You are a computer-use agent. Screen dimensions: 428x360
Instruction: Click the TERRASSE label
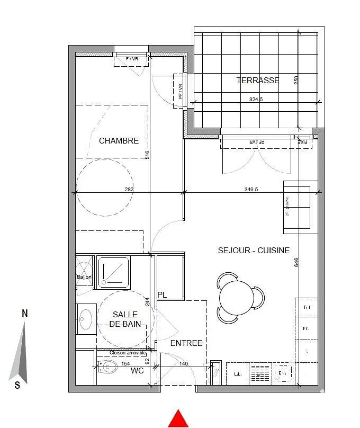pyautogui.click(x=258, y=81)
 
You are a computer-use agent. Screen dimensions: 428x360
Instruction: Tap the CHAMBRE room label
pyautogui.click(x=119, y=141)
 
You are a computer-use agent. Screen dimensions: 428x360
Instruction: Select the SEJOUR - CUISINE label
pyautogui.click(x=254, y=251)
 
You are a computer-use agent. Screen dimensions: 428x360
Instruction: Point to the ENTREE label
pyautogui.click(x=186, y=343)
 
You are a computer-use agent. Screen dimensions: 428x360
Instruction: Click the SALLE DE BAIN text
pyautogui.click(x=125, y=319)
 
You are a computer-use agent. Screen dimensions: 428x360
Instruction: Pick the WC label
pyautogui.click(x=138, y=371)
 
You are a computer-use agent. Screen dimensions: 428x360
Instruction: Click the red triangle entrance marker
pyautogui.click(x=178, y=418)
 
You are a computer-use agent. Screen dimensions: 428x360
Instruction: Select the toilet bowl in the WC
pyautogui.click(x=110, y=367)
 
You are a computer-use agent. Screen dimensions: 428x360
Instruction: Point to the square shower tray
pyautogui.click(x=113, y=272)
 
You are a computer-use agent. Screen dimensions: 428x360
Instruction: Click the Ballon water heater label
pyautogui.click(x=84, y=277)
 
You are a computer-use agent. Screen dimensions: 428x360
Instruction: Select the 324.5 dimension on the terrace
pyautogui.click(x=257, y=99)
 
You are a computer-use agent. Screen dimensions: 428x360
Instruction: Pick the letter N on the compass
pyautogui.click(x=25, y=314)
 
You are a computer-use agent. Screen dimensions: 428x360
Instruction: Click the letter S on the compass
pyautogui.click(x=17, y=386)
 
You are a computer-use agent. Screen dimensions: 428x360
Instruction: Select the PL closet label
pyautogui.click(x=162, y=295)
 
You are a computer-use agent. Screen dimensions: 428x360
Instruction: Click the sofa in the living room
pyautogui.click(x=300, y=207)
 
